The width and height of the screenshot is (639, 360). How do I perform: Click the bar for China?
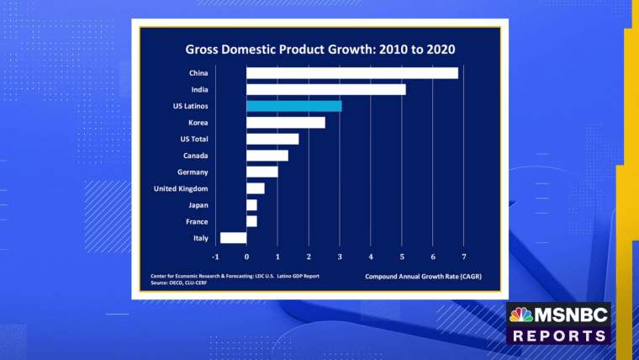click(x=352, y=73)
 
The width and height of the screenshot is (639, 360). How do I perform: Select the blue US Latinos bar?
click(x=293, y=106)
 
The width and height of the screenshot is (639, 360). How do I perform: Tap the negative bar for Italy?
click(x=233, y=238)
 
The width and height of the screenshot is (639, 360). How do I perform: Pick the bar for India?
click(x=325, y=89)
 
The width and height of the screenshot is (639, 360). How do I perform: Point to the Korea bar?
click(x=285, y=123)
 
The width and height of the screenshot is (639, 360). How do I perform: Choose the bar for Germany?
click(x=261, y=172)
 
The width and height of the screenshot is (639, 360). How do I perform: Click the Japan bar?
click(x=251, y=205)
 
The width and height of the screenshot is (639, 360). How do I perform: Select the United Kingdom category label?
click(x=181, y=188)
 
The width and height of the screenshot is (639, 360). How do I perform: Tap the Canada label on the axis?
click(x=196, y=156)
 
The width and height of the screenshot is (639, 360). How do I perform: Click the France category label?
click(x=197, y=221)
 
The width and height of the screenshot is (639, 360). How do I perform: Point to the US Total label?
click(x=193, y=139)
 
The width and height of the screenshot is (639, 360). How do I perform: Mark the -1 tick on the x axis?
click(x=215, y=256)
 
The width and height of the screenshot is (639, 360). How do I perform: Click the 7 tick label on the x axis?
click(x=463, y=256)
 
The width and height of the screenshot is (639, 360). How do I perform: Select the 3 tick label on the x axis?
click(x=340, y=256)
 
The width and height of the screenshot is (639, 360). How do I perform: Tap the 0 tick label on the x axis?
click(x=246, y=256)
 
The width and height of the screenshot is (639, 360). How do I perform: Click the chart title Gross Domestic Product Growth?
click(x=316, y=49)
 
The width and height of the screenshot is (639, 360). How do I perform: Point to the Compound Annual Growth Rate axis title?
click(x=423, y=276)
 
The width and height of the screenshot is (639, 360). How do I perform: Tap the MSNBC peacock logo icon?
click(x=521, y=315)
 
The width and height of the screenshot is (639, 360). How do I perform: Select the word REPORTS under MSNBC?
click(x=558, y=335)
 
